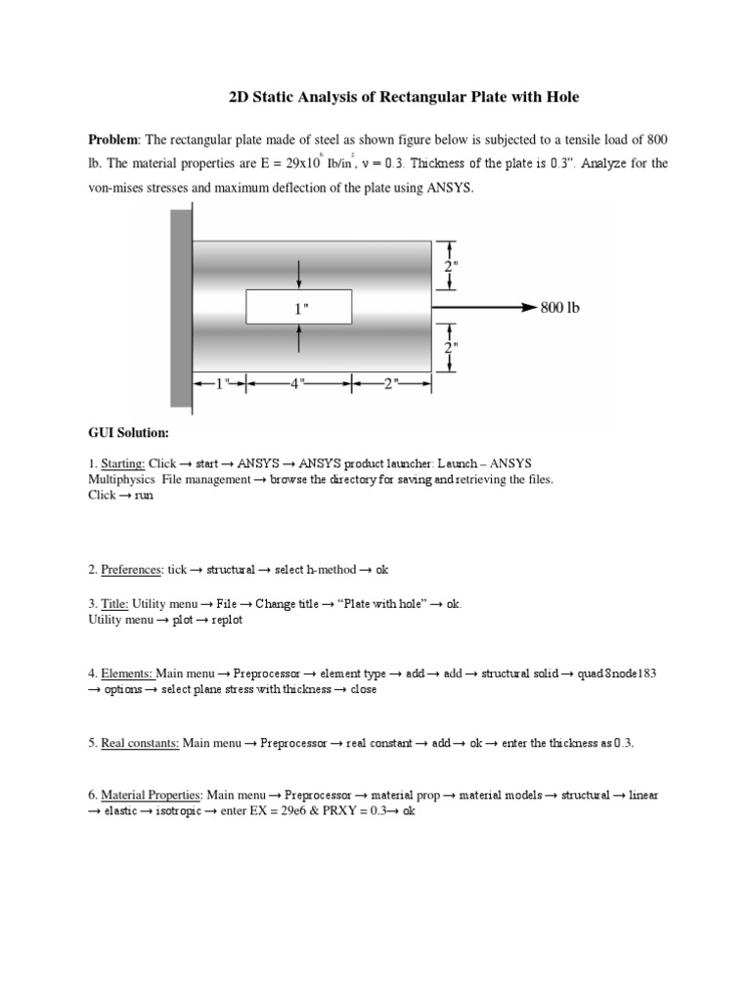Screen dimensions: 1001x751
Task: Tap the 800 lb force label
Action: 560,308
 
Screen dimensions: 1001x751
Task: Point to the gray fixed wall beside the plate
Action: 181,308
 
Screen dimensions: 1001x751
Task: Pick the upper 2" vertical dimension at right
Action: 452,265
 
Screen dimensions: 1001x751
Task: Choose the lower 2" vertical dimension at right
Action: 452,347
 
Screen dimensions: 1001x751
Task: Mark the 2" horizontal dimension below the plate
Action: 391,383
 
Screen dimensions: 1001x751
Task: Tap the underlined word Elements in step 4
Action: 127,673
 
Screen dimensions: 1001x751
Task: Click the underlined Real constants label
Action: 140,743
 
